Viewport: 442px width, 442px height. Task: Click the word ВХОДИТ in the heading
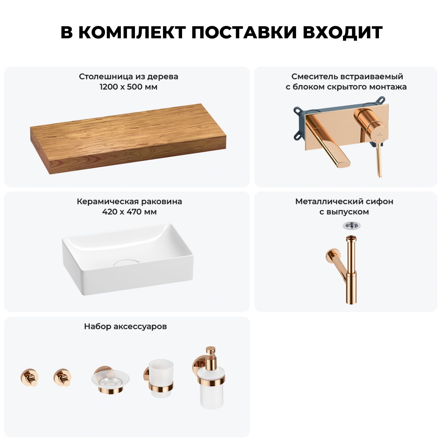[x=342, y=32]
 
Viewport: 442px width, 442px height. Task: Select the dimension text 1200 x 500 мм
[x=128, y=87]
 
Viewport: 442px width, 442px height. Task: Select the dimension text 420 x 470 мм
[x=129, y=212]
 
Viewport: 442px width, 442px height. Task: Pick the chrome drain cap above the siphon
[x=352, y=226]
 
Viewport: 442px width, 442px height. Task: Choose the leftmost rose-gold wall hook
[x=29, y=377]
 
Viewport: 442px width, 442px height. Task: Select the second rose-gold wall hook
[x=62, y=377]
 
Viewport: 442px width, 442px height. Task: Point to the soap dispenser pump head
[x=210, y=354]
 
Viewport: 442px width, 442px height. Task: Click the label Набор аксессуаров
[x=126, y=326]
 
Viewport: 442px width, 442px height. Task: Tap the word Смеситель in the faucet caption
[x=314, y=77]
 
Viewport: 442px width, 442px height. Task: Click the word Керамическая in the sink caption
[x=108, y=202]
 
